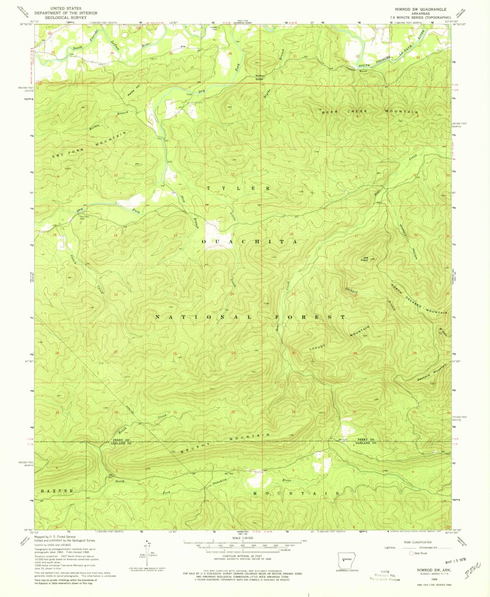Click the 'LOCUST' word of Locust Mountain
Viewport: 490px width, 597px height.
[318, 347]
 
